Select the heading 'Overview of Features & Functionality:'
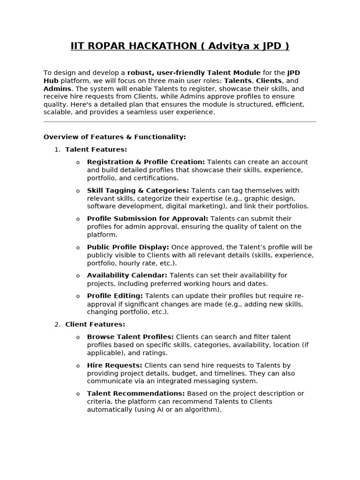[x=115, y=137]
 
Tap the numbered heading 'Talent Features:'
[x=96, y=150]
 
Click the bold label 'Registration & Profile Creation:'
[x=146, y=162]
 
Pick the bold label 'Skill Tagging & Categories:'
[x=138, y=190]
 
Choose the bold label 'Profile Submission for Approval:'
[x=148, y=218]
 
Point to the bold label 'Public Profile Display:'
[x=128, y=247]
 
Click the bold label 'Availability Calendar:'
[x=127, y=275]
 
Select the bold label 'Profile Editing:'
[x=115, y=296]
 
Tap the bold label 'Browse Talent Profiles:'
[x=130, y=337]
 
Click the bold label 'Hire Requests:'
[x=114, y=365]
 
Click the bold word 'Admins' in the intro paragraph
[x=57, y=89]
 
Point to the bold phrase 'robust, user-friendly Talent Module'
[x=194, y=73]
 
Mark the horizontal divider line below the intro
[x=180, y=122]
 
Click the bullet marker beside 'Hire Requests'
[x=78, y=366]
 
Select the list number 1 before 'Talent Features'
[x=57, y=150]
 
